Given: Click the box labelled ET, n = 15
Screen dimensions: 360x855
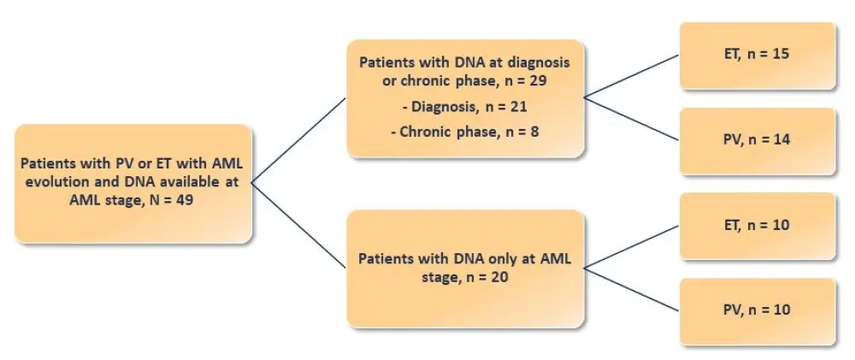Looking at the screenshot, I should pos(757,55).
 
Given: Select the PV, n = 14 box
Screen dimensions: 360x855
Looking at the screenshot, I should pos(757,140).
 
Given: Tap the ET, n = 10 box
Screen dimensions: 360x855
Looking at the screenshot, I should pos(757,226).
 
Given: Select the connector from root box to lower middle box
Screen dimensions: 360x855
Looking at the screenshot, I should pos(299,224).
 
